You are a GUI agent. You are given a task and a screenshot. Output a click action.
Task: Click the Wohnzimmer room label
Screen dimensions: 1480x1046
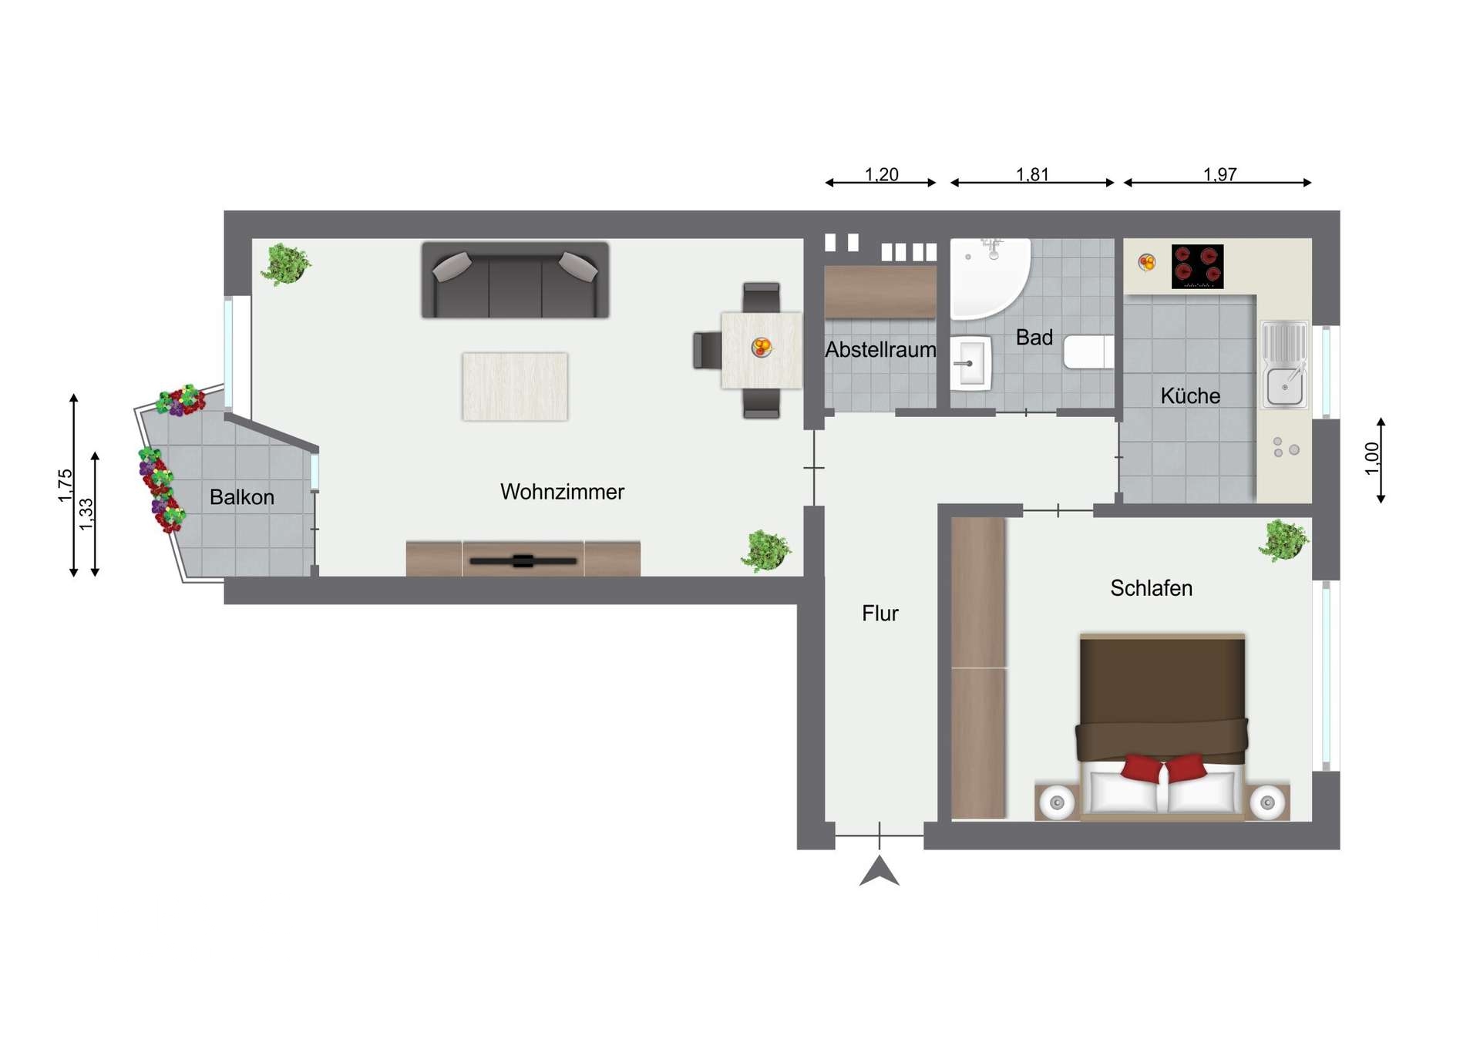point(562,492)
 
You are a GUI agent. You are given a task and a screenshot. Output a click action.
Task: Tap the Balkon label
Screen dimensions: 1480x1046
point(242,497)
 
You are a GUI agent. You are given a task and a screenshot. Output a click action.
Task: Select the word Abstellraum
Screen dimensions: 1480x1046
point(880,350)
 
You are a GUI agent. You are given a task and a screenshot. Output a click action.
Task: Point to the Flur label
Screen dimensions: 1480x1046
point(880,614)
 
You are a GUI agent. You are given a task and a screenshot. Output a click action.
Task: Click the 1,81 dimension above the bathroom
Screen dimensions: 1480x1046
point(1032,174)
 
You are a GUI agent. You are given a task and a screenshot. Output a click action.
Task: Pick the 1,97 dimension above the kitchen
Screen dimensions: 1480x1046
point(1220,174)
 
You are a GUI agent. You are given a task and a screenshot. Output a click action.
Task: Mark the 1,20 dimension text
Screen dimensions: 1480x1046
point(881,174)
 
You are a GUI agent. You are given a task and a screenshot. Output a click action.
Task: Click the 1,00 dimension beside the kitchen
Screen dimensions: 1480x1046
point(1371,459)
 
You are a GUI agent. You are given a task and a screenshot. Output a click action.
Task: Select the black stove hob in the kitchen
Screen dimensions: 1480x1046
point(1197,266)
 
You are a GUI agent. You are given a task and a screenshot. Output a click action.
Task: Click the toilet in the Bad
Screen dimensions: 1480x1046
point(1088,352)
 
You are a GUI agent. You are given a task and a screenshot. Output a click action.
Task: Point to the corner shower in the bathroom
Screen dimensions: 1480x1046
point(987,277)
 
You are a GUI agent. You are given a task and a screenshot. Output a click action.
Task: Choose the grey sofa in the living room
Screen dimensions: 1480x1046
point(515,280)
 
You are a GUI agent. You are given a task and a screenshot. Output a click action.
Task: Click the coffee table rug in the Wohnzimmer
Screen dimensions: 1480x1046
point(515,386)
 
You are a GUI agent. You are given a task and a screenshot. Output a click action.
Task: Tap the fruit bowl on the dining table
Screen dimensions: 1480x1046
point(762,348)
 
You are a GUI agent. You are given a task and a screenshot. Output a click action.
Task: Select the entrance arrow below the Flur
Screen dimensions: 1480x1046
point(880,872)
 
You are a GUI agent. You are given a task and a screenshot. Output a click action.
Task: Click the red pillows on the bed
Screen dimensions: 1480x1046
point(1163,768)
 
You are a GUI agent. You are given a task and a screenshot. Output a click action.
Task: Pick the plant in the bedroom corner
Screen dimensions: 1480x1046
point(1283,540)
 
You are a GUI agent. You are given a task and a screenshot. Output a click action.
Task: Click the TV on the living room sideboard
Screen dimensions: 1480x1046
point(523,561)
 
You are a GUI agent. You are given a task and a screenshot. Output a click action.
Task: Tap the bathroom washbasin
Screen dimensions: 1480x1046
point(970,362)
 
